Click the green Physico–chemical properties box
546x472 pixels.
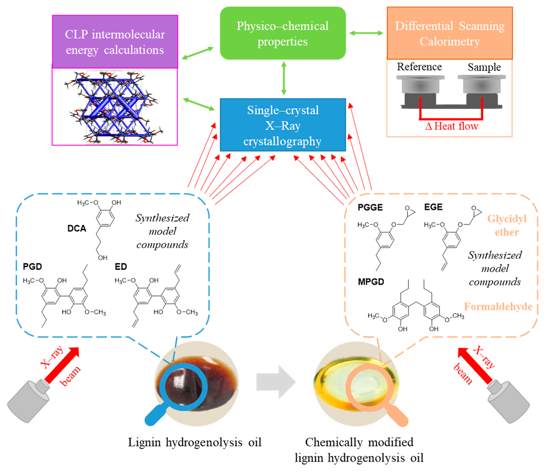pyautogui.click(x=283, y=33)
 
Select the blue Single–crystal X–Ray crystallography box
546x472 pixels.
pyautogui.click(x=283, y=125)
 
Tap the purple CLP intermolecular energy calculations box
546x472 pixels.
pyautogui.click(x=115, y=42)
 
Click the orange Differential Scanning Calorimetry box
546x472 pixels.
pyautogui.click(x=450, y=33)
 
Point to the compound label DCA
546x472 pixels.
pyautogui.click(x=77, y=228)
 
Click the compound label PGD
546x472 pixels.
pyautogui.click(x=32, y=267)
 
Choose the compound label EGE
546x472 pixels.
pyautogui.click(x=433, y=207)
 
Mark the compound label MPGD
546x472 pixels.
pyautogui.click(x=371, y=282)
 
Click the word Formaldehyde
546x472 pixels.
pyautogui.click(x=498, y=307)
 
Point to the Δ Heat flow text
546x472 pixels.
pyautogui.click(x=452, y=126)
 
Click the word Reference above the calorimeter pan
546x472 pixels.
pyautogui.click(x=419, y=67)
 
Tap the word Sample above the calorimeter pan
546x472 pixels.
pyautogui.click(x=484, y=67)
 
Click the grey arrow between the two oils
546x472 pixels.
pyautogui.click(x=276, y=382)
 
